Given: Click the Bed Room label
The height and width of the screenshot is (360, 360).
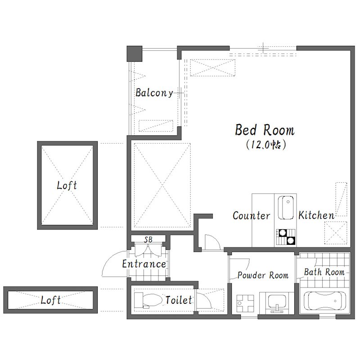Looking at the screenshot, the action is pos(265,130).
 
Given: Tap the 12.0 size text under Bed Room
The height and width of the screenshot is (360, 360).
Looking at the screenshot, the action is pos(266,144).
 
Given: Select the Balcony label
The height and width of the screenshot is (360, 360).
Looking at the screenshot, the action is pos(154,93).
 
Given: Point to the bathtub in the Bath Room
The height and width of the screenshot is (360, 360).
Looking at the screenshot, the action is pos(324,301).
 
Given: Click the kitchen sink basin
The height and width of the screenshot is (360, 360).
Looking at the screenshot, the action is pos(286,207).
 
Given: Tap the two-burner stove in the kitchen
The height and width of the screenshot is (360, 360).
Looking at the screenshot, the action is pos(286,237).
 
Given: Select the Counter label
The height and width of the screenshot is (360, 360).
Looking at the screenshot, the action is pos(252,216).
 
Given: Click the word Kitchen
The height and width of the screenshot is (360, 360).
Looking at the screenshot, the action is pos(316,216).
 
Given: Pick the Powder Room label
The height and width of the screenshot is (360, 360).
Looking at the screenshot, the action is pos(263,275).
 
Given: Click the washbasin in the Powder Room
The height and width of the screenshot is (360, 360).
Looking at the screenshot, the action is pos(277,302).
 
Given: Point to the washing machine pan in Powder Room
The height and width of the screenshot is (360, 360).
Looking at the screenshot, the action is pos(245,303).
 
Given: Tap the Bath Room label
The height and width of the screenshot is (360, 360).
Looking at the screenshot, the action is pos(324,272).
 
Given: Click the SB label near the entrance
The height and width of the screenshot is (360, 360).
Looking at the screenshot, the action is pos(148,239).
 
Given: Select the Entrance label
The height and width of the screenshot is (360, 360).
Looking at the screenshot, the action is pos(144,264).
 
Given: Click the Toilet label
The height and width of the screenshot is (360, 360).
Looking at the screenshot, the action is pos(178,300).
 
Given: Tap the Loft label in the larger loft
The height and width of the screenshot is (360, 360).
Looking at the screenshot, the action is pos(67,185).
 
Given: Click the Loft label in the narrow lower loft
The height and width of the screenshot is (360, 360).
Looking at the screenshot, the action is pos(50,300).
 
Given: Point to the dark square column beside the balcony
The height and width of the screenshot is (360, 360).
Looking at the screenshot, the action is pos(135,54).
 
